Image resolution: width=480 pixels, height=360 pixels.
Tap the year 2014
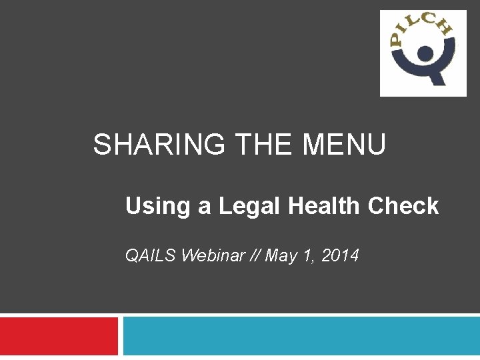pos(340,255)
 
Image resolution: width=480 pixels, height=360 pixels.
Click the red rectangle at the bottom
pos(59,336)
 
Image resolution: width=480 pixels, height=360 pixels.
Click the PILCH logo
pos(423,53)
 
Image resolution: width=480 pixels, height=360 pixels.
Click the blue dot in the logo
pos(423,52)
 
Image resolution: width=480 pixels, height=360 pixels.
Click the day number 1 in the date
pos(306,255)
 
